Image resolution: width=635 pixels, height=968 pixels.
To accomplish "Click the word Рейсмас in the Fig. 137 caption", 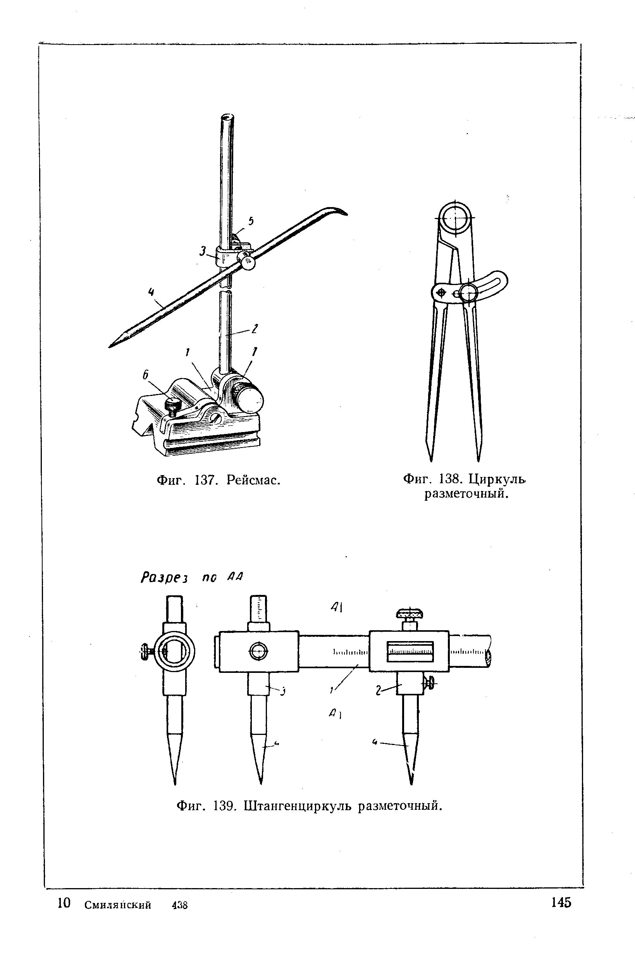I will [x=253, y=481].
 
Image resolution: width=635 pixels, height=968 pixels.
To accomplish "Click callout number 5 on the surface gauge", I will [x=251, y=221].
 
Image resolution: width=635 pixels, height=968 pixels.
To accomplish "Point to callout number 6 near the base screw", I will [x=145, y=375].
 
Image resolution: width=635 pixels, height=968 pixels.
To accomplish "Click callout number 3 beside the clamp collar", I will [x=203, y=251].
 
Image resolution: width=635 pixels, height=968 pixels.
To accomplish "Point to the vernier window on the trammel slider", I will [x=410, y=651].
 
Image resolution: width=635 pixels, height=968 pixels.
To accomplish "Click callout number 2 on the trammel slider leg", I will [x=378, y=690].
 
